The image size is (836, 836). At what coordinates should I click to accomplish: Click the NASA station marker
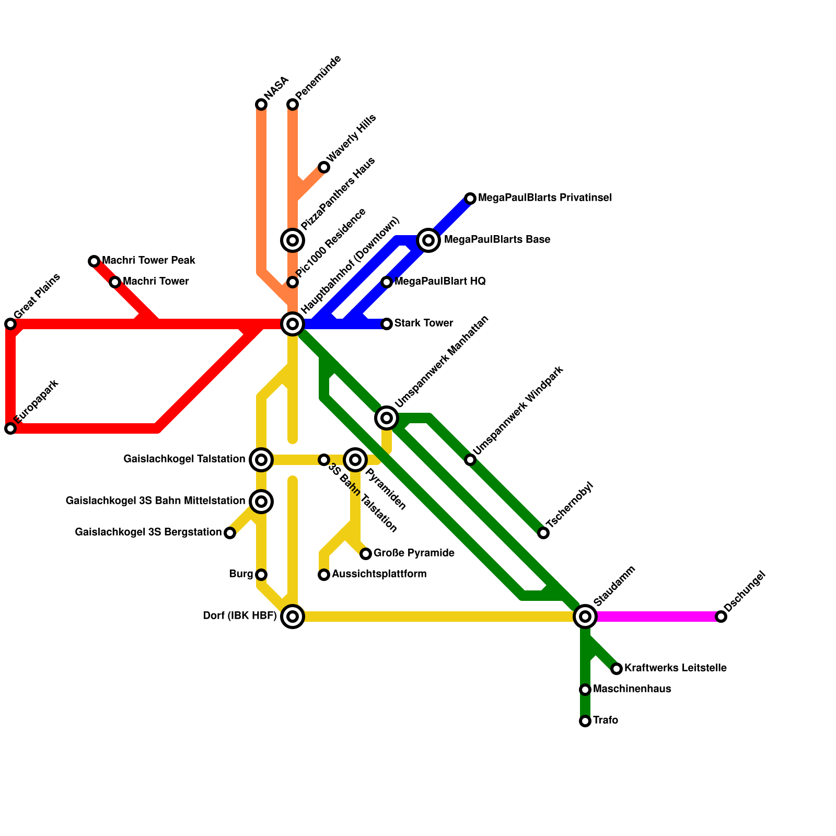261,104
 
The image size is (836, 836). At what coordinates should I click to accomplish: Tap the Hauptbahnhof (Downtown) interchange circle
293,324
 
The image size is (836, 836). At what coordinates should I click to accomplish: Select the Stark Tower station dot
387,324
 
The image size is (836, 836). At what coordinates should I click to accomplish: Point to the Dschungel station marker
721,617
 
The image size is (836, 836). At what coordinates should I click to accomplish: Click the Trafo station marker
585,721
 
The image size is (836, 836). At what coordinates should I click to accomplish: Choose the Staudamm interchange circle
585,617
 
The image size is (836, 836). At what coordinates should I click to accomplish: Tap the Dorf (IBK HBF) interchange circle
293,617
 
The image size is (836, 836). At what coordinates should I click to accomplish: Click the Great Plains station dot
10,324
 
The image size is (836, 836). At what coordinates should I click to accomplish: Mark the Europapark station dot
10,428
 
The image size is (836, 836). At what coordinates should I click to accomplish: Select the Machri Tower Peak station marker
94,261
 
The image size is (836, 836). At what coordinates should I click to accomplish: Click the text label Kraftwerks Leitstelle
675,668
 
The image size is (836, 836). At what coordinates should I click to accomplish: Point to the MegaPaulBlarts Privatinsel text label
544,198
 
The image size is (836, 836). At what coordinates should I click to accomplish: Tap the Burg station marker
261,575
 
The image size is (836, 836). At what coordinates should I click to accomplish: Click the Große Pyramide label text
414,553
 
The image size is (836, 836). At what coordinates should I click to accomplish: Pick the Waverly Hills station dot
324,167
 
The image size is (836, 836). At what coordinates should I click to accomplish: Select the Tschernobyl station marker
543,533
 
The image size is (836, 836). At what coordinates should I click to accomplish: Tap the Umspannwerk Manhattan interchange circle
387,417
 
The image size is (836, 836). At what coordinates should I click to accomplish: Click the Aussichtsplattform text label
379,574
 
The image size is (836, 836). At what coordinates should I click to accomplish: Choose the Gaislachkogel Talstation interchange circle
261,460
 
